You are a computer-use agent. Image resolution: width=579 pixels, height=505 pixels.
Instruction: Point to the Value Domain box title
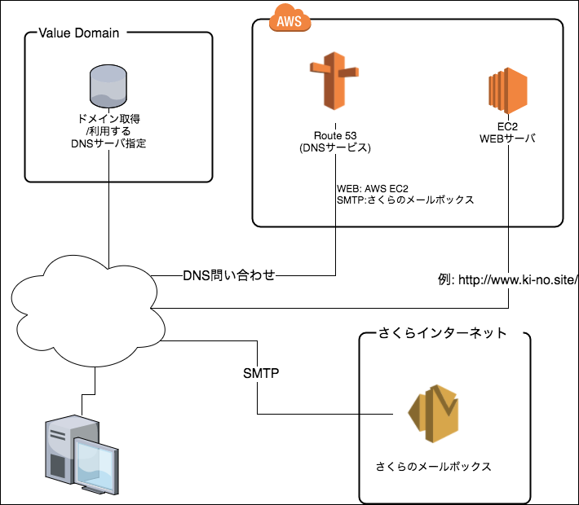tap(79, 33)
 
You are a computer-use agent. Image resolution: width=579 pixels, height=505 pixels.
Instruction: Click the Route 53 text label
tap(335, 135)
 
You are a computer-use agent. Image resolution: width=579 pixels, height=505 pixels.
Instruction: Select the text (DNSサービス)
tap(335, 148)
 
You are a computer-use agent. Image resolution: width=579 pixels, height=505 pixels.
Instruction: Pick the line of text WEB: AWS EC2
tap(372, 188)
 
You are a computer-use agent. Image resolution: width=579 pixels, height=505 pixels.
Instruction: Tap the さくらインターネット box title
tap(443, 333)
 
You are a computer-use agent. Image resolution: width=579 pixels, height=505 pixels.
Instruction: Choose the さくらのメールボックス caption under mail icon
tap(433, 467)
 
